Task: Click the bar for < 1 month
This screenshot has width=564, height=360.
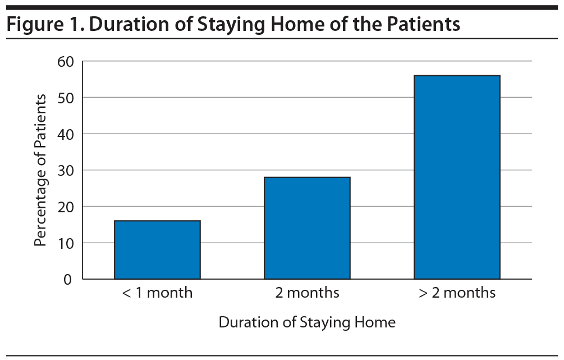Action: pos(157,249)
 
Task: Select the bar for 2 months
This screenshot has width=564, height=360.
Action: pos(307,228)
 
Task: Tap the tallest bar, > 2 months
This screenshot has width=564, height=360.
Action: pos(457,177)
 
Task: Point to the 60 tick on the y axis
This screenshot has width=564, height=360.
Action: pos(66,62)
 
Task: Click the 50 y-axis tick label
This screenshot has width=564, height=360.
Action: pos(66,98)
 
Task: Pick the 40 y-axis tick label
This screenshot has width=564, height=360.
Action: pos(66,134)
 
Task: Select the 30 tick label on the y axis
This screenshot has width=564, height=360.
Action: pos(66,170)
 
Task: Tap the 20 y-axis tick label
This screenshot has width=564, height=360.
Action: pos(66,207)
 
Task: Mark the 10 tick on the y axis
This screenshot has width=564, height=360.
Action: pos(66,243)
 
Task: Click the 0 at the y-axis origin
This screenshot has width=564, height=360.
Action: pos(67,279)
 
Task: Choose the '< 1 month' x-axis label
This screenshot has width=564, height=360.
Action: pos(157,293)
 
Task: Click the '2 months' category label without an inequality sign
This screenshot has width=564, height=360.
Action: pos(307,293)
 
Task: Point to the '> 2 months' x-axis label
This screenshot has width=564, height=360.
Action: pos(457,293)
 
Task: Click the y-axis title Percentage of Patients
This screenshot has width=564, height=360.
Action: pos(40,170)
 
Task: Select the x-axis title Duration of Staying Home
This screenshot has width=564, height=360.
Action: pos(307,322)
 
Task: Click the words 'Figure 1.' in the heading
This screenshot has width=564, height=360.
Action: pos(45,24)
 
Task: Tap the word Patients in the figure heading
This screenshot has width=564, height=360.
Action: pos(423,24)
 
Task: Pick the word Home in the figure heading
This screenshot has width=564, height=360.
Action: pos(298,24)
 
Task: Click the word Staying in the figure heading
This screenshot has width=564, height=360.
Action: pos(232,25)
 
